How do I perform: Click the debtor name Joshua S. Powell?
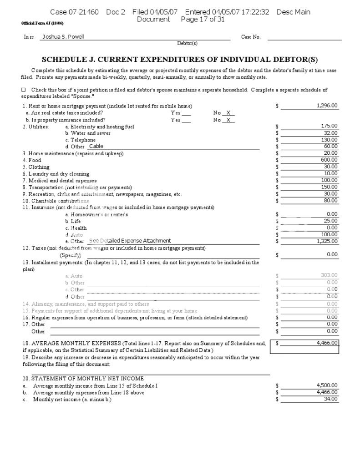pyautogui.click(x=63, y=37)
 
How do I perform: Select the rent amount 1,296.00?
pyautogui.click(x=327, y=106)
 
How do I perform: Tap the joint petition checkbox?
pyautogui.click(x=24, y=90)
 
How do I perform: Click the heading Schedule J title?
pyautogui.click(x=180, y=60)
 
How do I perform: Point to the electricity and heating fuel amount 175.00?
pyautogui.click(x=329, y=126)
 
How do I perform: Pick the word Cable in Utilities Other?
pyautogui.click(x=96, y=146)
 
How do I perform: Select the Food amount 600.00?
pyautogui.click(x=329, y=160)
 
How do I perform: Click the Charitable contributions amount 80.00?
pyautogui.click(x=330, y=200)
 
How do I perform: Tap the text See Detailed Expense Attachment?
pyautogui.click(x=130, y=241)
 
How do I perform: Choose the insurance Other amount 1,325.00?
pyautogui.click(x=327, y=241)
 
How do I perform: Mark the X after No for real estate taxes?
pyautogui.click(x=228, y=113)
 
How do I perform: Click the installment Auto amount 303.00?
pyautogui.click(x=329, y=275)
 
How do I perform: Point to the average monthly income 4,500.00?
pyautogui.click(x=327, y=385)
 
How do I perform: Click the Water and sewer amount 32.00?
pyautogui.click(x=330, y=133)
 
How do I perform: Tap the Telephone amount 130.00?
pyautogui.click(x=329, y=140)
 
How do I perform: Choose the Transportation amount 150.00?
pyautogui.click(x=329, y=187)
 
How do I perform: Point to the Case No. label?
pyautogui.click(x=251, y=37)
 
